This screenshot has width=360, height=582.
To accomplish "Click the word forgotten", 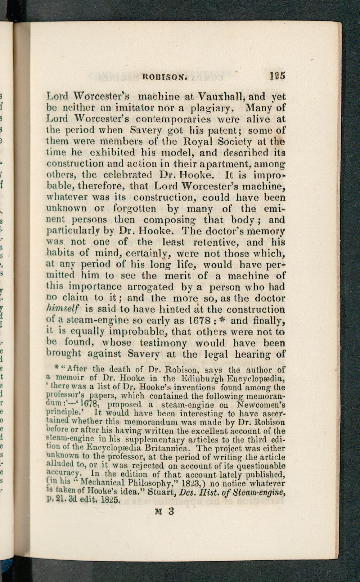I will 135,209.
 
